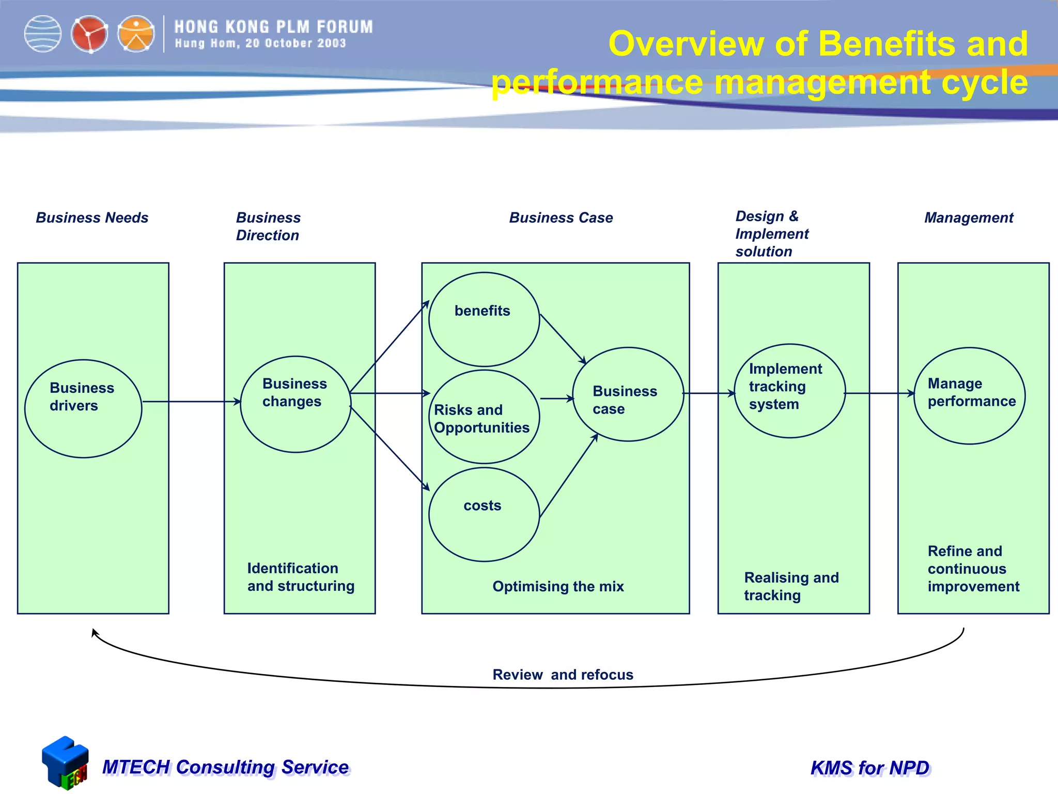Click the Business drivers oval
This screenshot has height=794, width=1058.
click(83, 408)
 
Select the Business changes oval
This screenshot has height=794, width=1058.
click(295, 404)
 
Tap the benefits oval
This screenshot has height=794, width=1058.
click(484, 319)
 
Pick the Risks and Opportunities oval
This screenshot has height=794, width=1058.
click(484, 417)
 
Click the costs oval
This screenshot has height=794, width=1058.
click(484, 514)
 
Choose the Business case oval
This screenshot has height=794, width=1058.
click(628, 394)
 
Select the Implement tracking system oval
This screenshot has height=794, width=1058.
click(789, 391)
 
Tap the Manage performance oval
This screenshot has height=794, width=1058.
click(969, 395)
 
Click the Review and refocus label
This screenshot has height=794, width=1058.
click(563, 675)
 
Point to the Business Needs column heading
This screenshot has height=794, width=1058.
click(92, 218)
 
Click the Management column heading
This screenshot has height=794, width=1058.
click(969, 218)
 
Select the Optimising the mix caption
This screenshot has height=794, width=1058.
click(558, 586)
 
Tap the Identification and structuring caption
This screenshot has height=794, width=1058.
click(301, 577)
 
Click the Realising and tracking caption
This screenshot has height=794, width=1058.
click(791, 586)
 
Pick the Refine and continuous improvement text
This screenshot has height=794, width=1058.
click(973, 569)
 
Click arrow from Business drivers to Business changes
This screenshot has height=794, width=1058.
click(191, 402)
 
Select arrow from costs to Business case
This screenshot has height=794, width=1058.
click(568, 476)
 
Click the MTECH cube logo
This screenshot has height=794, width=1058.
click(65, 763)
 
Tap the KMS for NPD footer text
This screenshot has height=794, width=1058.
click(870, 768)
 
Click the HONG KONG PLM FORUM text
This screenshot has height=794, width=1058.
click(273, 27)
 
